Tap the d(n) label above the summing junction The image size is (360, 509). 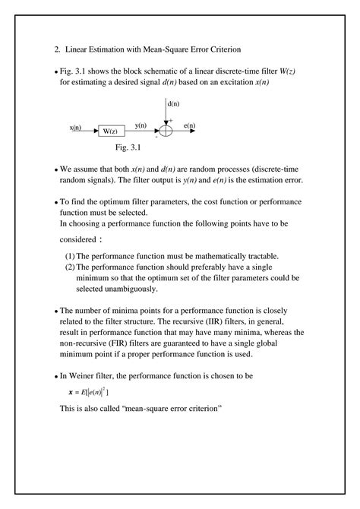click(173, 104)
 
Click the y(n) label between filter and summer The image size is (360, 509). click(140, 125)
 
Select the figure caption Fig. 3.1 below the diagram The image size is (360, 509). click(123, 147)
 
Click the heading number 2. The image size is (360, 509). click(57, 49)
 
